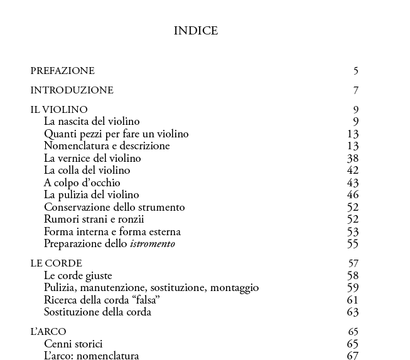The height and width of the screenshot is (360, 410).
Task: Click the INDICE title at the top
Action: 196,31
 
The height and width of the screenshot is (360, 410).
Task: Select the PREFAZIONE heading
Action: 62,71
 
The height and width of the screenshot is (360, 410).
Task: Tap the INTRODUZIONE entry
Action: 72,90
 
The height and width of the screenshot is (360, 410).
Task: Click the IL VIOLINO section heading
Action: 59,110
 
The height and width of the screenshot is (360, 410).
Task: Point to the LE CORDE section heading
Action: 56,263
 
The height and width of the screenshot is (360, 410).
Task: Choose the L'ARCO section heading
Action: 48,332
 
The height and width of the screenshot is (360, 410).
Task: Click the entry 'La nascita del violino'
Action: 92,122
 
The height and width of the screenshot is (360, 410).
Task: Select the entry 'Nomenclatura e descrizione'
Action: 107,146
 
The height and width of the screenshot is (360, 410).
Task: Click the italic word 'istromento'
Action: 153,244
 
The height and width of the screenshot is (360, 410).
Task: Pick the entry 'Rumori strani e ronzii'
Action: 94,220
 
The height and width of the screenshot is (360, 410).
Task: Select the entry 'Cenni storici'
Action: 73,344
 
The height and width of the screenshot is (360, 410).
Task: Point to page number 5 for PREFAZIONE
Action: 356,71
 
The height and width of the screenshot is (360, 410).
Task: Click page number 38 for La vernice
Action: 352,158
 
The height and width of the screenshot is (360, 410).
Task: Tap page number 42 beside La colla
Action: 352,171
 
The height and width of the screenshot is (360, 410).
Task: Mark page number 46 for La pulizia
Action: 352,195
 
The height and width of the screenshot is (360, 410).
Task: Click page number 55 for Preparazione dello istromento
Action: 352,244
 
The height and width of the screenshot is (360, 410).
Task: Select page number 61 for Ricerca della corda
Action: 352,300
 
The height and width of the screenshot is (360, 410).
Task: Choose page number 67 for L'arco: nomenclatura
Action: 352,356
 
